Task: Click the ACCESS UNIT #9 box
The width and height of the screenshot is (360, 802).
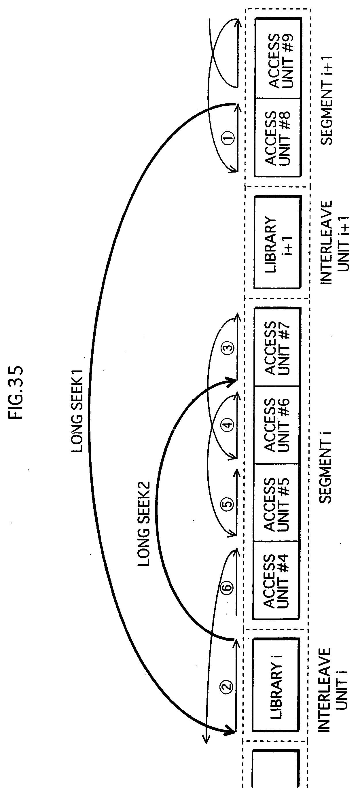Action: [x=278, y=59]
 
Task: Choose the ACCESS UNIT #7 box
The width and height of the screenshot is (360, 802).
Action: [x=277, y=347]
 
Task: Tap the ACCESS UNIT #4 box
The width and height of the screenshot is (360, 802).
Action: [x=276, y=581]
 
